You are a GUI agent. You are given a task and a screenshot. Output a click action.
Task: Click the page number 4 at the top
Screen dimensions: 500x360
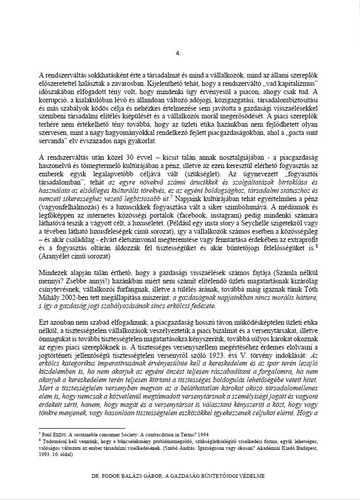(x=178, y=53)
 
